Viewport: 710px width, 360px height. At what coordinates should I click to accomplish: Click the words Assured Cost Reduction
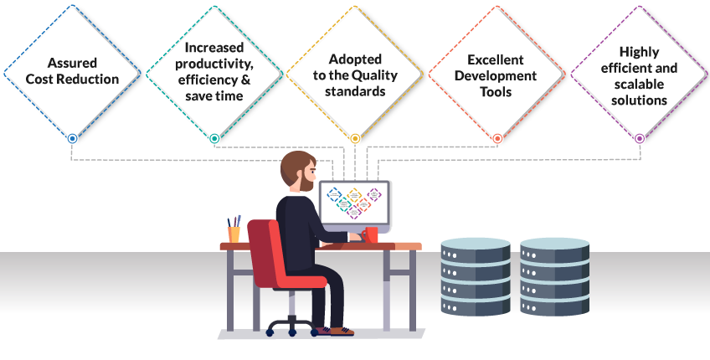[72, 70]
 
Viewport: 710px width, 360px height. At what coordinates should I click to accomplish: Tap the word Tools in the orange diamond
[496, 92]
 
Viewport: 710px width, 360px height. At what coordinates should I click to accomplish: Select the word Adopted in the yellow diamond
[355, 59]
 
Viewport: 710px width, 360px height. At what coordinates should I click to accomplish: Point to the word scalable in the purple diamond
[639, 85]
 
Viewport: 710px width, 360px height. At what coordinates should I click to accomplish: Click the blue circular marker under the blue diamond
[72, 139]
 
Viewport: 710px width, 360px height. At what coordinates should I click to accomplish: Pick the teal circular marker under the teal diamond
[214, 139]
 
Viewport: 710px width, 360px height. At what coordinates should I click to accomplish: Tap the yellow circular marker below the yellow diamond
[355, 139]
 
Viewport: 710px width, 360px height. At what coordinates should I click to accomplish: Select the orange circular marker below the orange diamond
[497, 139]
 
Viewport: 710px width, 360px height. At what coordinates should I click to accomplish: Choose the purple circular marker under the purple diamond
[640, 139]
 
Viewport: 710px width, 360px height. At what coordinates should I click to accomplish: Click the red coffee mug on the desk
[369, 235]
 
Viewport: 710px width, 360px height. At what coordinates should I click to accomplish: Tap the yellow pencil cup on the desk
[234, 234]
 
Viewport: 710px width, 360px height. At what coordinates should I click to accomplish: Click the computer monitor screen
[354, 203]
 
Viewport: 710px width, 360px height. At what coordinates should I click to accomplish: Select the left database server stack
[476, 276]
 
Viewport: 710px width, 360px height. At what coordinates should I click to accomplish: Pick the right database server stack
[554, 276]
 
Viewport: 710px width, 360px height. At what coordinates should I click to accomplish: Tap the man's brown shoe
[342, 332]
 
